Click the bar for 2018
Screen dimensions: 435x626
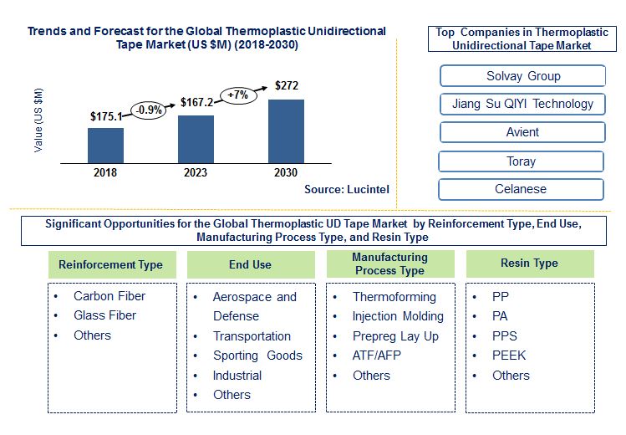[x=105, y=146]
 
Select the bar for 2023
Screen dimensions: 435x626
[x=196, y=139]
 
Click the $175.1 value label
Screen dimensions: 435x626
[x=107, y=118]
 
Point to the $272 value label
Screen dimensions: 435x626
[x=288, y=86]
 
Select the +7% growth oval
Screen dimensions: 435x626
[x=240, y=94]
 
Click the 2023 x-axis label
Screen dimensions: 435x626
[x=196, y=172]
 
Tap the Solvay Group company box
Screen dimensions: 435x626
[x=522, y=76]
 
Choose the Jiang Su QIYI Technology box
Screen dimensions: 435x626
[x=522, y=104]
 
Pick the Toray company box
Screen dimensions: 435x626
[x=521, y=161]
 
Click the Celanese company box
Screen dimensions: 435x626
[x=521, y=189]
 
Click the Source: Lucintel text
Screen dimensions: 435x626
[x=347, y=190]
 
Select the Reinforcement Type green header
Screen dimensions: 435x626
[x=110, y=264]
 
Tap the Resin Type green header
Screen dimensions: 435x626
[x=528, y=264]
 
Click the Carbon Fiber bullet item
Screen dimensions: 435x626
[x=109, y=296]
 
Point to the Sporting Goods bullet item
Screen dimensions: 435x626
[x=257, y=356]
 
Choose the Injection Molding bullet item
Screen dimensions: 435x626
[x=398, y=316]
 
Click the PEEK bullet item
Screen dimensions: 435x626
[x=509, y=356]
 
